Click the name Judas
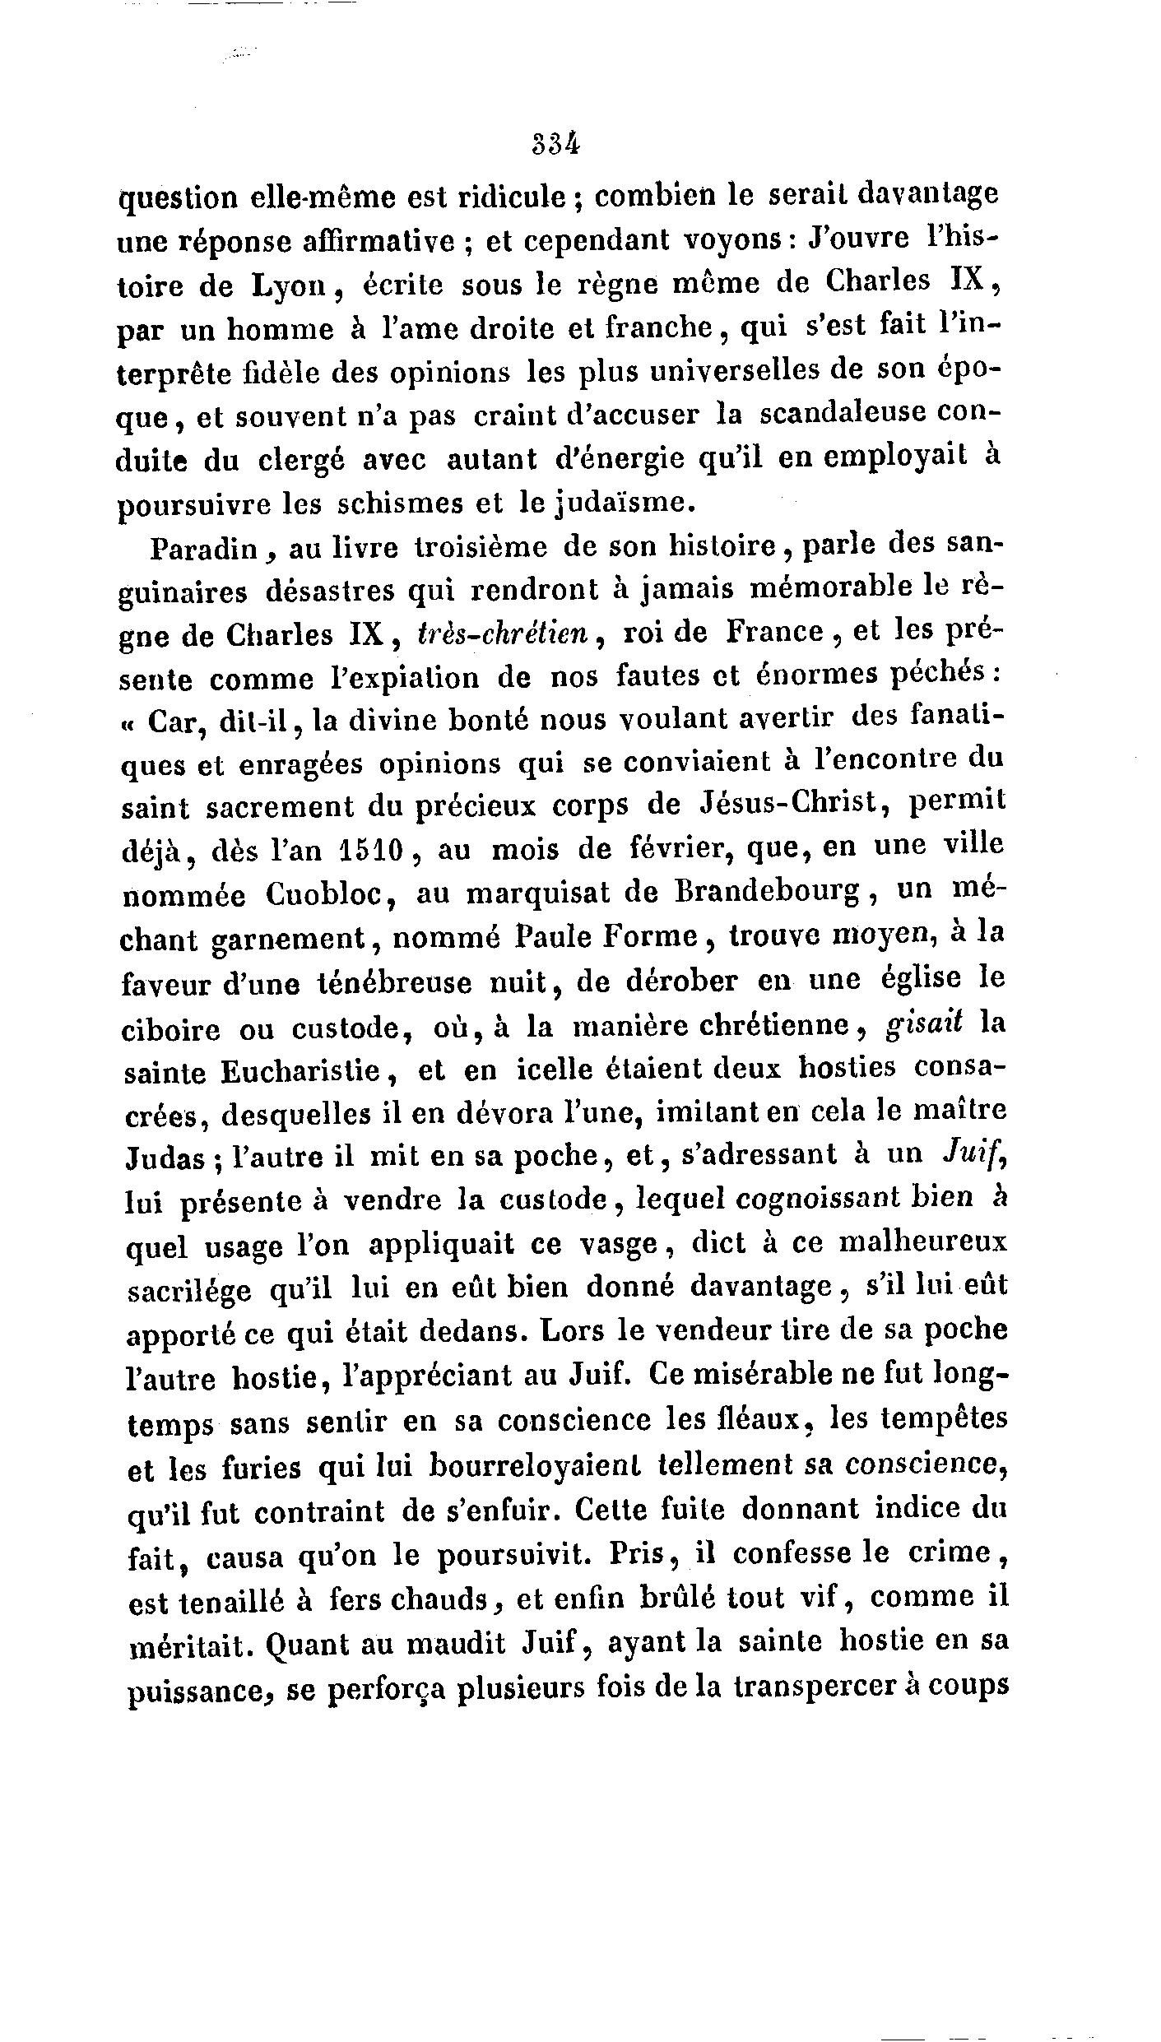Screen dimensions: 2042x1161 pyautogui.click(x=165, y=1158)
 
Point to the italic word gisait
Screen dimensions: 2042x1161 pyautogui.click(x=923, y=1025)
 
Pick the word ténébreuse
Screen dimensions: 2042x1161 pyautogui.click(x=427, y=982)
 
